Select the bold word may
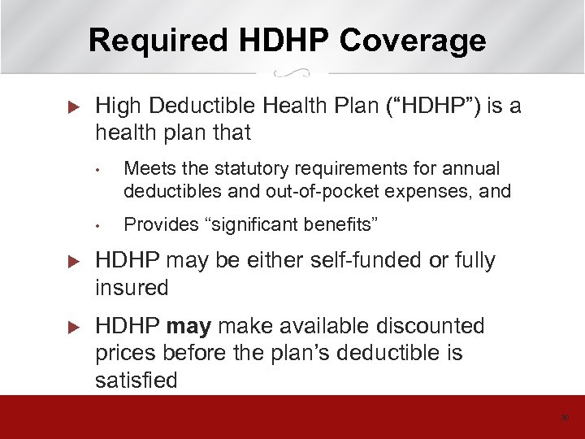[x=188, y=327]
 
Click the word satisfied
[x=136, y=380]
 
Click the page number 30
[x=565, y=419]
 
